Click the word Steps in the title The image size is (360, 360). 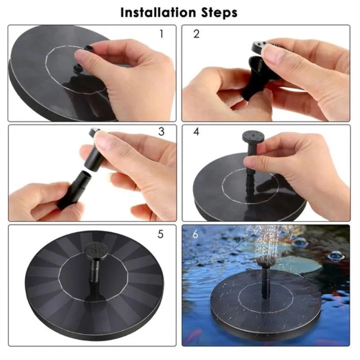(220, 13)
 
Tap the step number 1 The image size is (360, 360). (162, 34)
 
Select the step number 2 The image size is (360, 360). (197, 34)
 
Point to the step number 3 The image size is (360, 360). (162, 131)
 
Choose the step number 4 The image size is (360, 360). (197, 131)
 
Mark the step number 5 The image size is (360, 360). (161, 234)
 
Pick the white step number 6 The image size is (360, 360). (195, 234)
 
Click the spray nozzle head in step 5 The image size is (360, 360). (96, 251)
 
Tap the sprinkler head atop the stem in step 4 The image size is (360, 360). (253, 137)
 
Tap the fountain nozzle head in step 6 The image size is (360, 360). (265, 262)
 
